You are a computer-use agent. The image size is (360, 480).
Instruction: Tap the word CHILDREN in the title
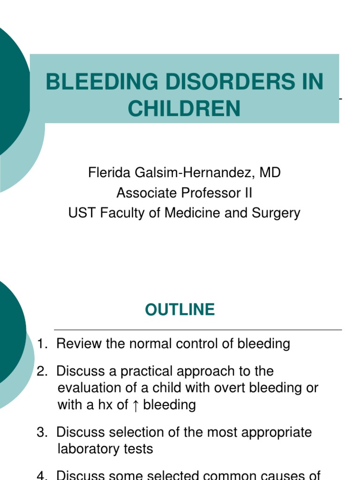[184, 109]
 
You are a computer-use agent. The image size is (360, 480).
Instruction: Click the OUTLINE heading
[180, 310]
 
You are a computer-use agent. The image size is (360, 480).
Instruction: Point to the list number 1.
[41, 344]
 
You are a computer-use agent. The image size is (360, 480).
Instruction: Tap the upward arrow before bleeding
[135, 405]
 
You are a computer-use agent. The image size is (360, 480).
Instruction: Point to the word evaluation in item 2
[92, 388]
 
